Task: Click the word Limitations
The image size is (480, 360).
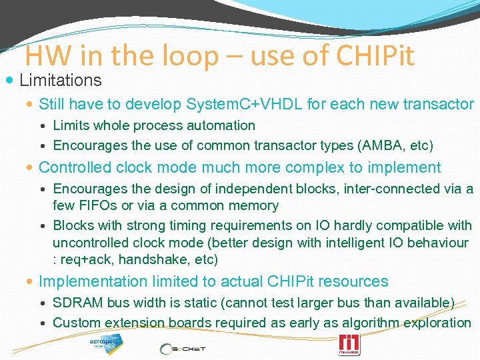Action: tap(61, 81)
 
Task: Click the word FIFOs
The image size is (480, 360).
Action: tap(99, 206)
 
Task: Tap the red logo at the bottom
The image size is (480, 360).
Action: tap(349, 345)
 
